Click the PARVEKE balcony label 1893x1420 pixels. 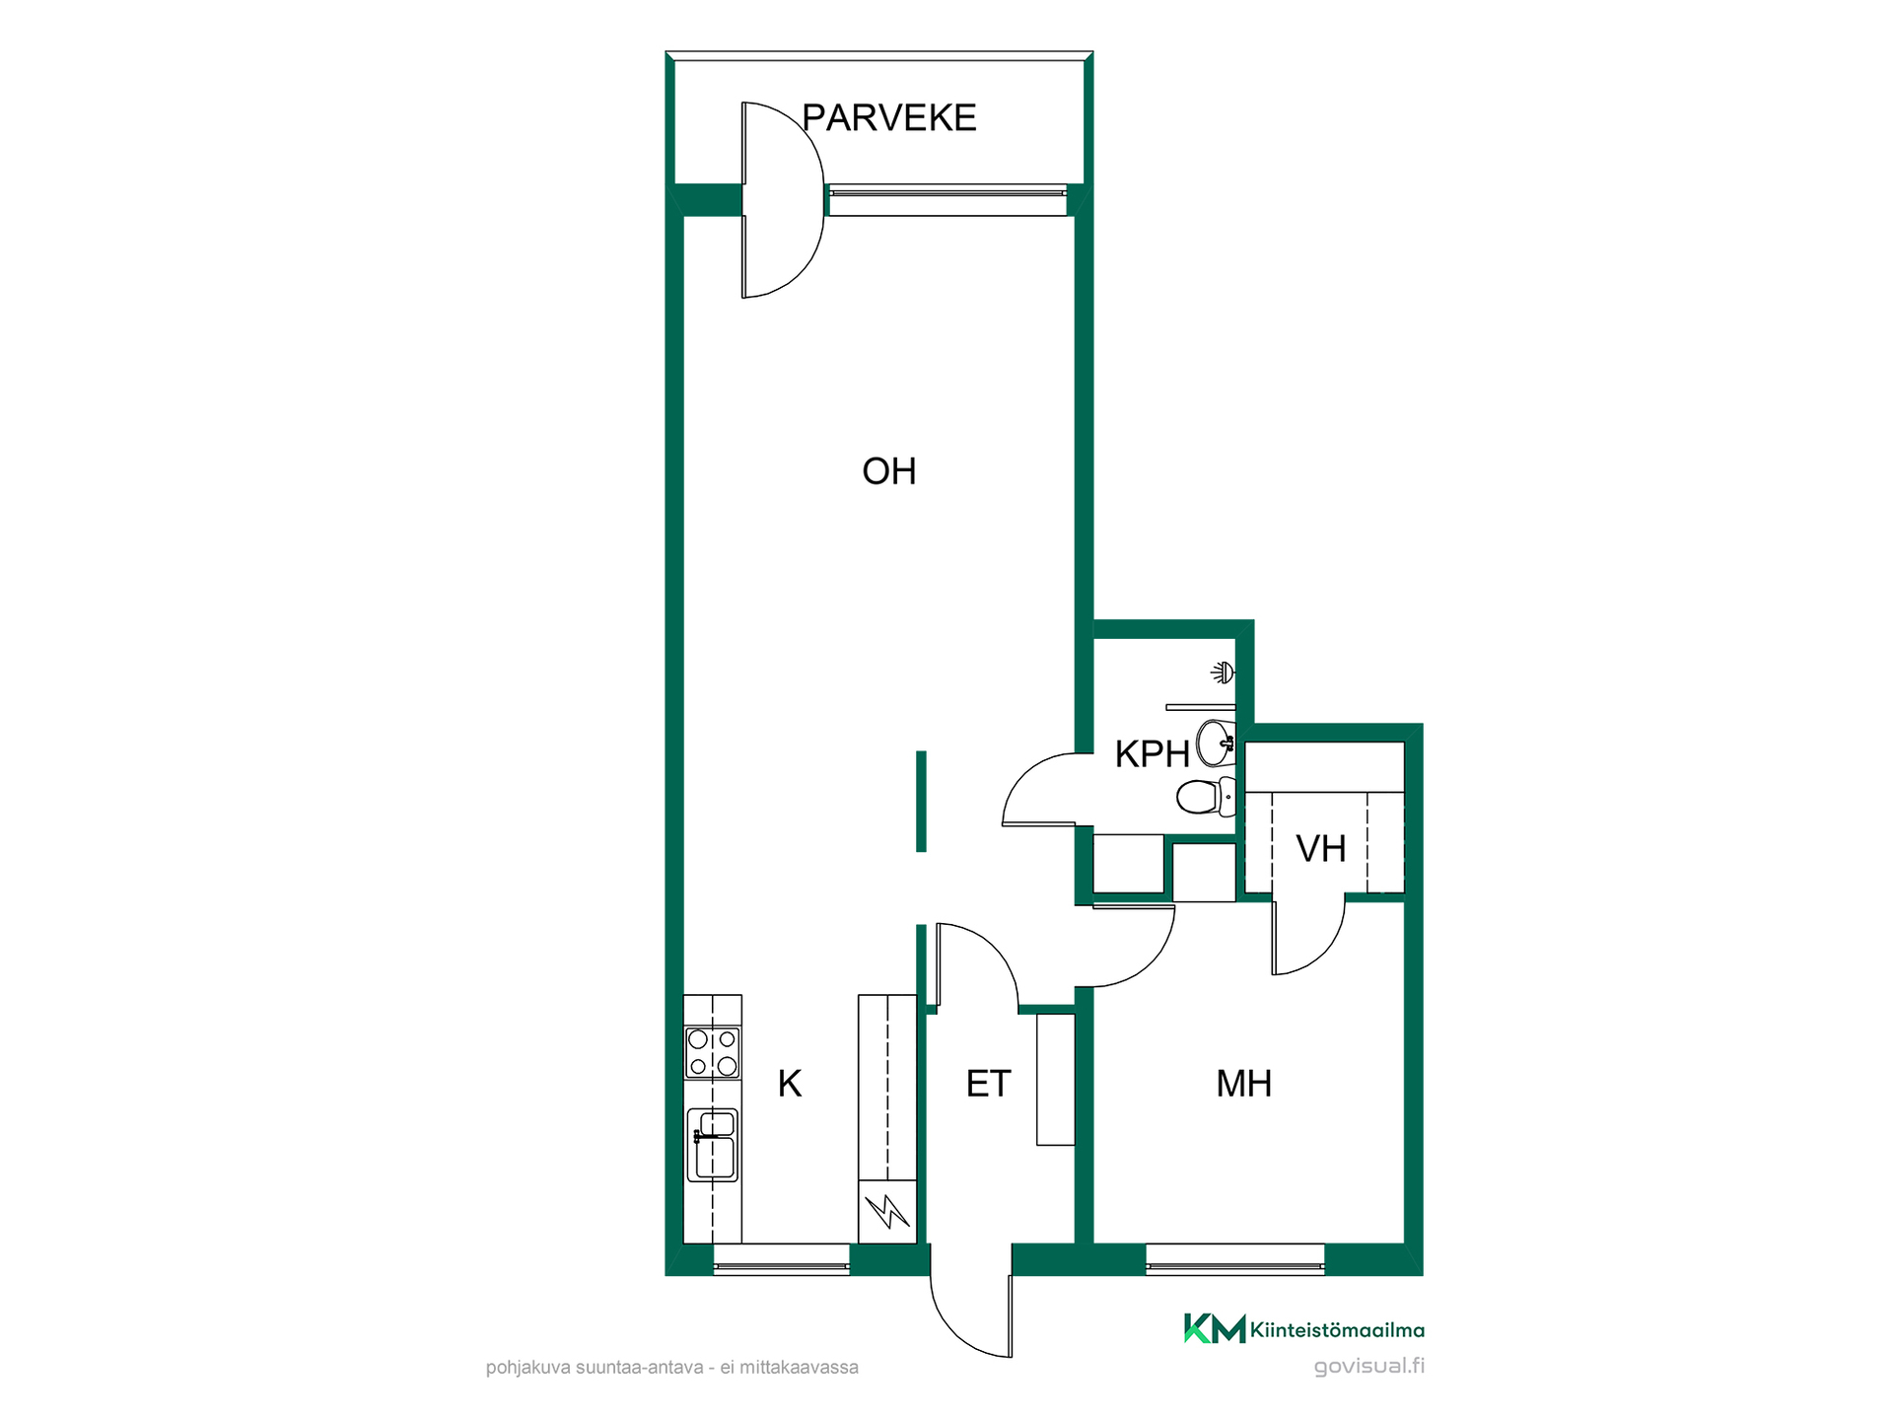coord(888,117)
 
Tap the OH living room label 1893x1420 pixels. coord(889,471)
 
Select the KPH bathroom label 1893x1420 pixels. coord(1152,754)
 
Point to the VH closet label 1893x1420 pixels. coord(1321,849)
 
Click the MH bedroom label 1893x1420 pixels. coord(1244,1084)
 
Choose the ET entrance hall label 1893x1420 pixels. coord(988,1084)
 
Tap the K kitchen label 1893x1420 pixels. coord(790,1084)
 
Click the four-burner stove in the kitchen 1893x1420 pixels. coord(713,1052)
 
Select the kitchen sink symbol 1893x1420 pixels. coord(713,1144)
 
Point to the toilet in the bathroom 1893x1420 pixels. coord(1206,797)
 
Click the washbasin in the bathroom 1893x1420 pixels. coord(1216,743)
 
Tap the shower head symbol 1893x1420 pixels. coord(1224,673)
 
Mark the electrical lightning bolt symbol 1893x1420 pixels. coord(887,1211)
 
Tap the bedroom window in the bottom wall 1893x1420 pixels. coord(1234,1259)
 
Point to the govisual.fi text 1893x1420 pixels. coord(1369,1367)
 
